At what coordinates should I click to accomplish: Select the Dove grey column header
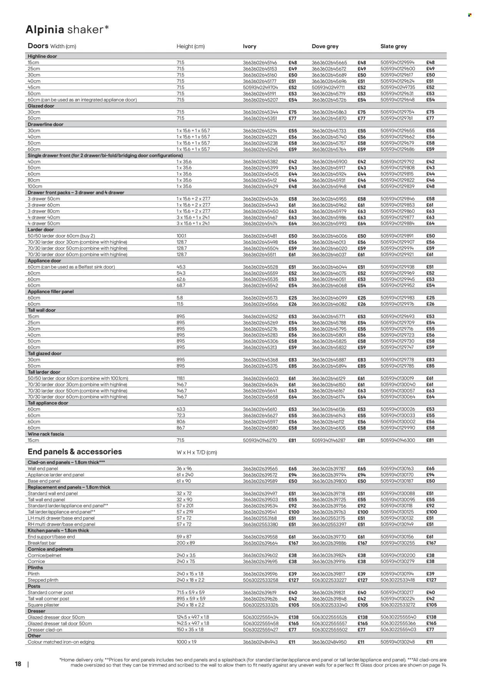325,46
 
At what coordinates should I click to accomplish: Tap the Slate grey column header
393,46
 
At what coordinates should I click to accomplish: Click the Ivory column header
249,46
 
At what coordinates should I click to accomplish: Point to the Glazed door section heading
41,106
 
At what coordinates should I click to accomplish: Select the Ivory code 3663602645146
260,62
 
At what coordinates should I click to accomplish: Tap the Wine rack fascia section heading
46,434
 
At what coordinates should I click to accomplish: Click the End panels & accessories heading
75,451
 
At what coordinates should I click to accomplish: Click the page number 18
18,664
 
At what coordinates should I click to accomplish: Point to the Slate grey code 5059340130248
397,642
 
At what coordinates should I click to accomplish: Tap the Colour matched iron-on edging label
61,642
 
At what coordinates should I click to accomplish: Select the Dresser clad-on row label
45,629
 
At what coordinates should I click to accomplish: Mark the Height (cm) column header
190,46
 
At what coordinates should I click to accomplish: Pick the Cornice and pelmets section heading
50,549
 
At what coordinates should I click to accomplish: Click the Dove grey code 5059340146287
329,440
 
